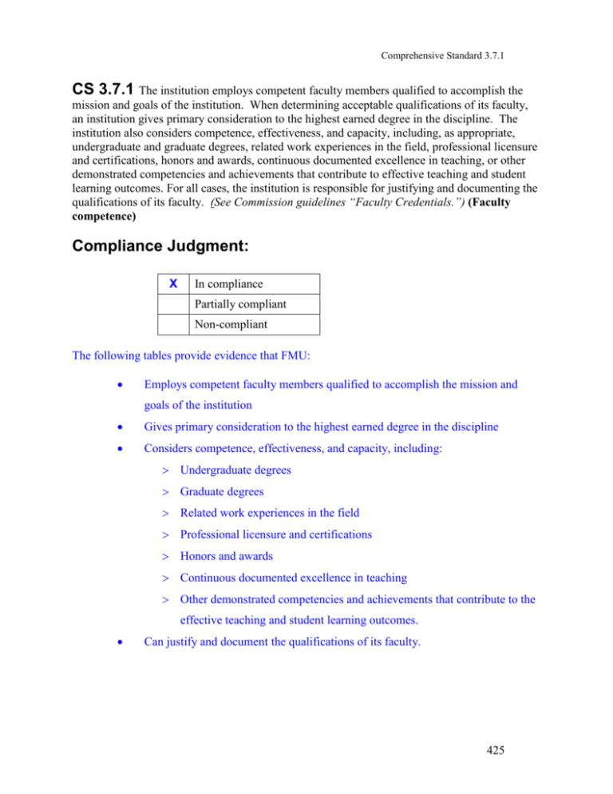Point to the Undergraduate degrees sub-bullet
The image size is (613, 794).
[235, 471]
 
